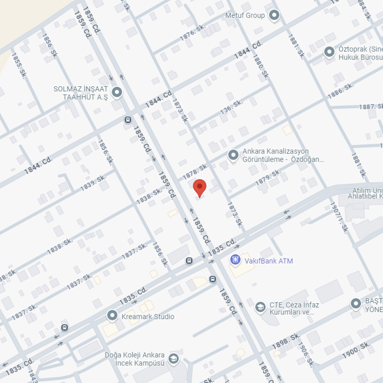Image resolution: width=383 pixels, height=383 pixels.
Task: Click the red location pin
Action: (x=200, y=188)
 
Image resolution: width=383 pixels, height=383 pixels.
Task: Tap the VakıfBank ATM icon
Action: (x=236, y=260)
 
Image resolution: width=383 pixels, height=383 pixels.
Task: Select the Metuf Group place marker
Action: (x=274, y=15)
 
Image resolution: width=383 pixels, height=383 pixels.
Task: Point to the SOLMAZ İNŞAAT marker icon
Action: (x=117, y=93)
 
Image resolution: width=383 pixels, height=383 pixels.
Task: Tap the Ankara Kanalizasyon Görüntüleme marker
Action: (x=233, y=155)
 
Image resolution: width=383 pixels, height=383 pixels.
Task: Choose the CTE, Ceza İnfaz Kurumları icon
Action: (x=260, y=308)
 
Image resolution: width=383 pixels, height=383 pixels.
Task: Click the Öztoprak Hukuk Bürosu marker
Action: (x=329, y=52)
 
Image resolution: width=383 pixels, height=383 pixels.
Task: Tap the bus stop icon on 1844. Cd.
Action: (x=128, y=119)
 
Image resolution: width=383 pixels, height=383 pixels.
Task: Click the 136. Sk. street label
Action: (x=232, y=107)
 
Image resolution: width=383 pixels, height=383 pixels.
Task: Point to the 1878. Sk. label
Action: (x=195, y=170)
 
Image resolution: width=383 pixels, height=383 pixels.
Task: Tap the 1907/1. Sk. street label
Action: (x=338, y=216)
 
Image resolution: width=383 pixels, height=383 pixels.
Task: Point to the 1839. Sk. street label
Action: (x=93, y=183)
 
